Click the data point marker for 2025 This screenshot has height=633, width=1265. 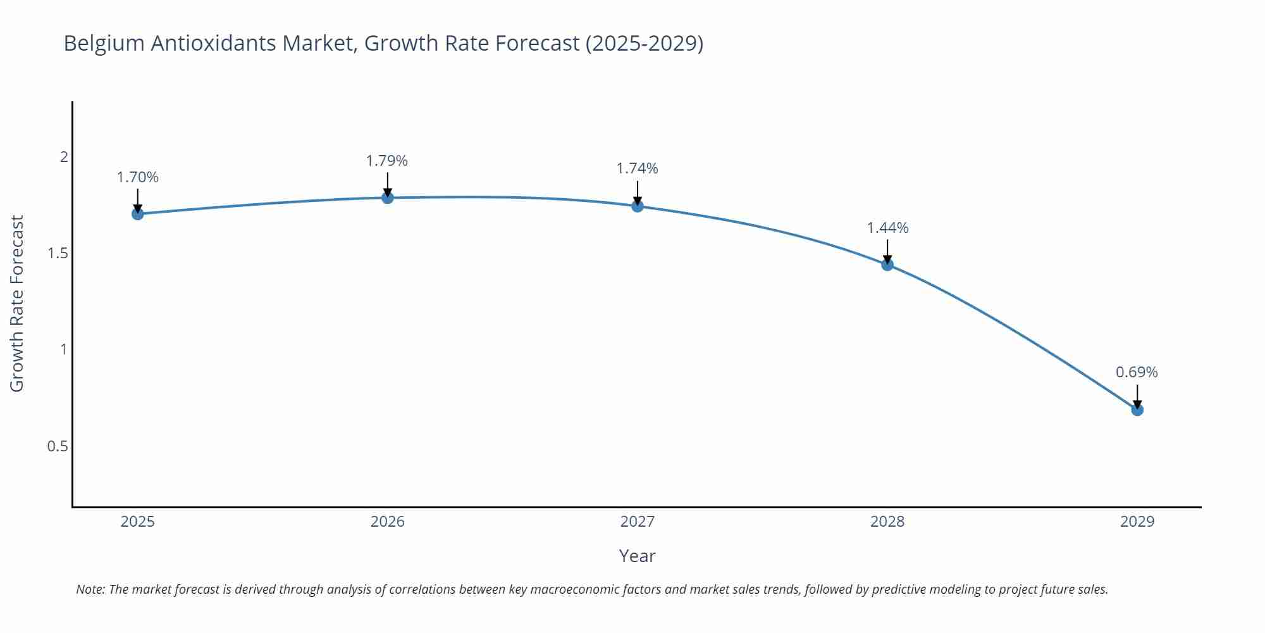tap(137, 214)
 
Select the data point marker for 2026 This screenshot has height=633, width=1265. tap(388, 198)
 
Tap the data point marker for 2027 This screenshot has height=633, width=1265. tap(638, 206)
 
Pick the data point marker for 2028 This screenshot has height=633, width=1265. tap(887, 265)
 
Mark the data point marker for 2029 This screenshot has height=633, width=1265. tap(1137, 410)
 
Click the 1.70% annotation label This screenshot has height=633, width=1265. tap(137, 177)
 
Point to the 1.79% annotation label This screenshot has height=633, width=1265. tap(387, 161)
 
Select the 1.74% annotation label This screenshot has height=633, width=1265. tap(638, 168)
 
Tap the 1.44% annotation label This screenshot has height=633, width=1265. tap(887, 228)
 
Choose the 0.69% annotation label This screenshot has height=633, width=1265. tap(1137, 372)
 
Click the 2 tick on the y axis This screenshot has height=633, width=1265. tap(64, 157)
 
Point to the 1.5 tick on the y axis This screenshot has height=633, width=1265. tap(58, 253)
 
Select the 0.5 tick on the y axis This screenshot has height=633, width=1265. tap(58, 446)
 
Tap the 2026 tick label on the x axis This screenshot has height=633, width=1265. tap(388, 522)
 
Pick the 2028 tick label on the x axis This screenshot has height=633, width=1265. tap(887, 522)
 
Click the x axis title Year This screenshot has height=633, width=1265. tap(637, 556)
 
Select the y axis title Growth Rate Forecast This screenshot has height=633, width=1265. tap(17, 303)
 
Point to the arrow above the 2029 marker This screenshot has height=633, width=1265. tap(1137, 396)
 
